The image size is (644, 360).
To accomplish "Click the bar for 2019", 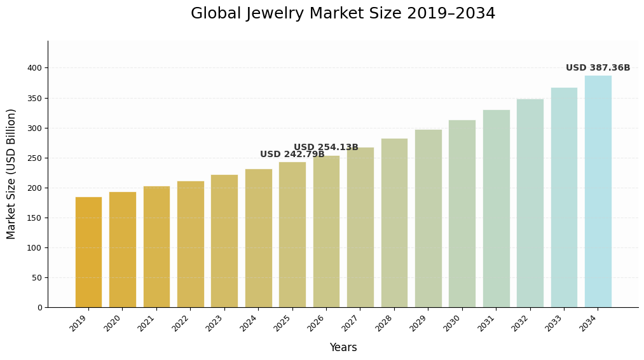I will click(88, 252).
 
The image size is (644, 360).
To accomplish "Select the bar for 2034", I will click(598, 191).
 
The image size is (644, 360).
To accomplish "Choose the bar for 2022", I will click(190, 244).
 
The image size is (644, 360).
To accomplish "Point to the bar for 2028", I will click(394, 223).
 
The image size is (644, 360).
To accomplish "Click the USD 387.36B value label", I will click(598, 68).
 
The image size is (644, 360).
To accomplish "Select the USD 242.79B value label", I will click(292, 155).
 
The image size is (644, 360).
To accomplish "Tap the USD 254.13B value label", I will click(325, 148).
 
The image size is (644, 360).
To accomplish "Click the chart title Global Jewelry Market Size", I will click(343, 14).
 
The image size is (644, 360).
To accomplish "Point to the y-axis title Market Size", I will click(11, 174).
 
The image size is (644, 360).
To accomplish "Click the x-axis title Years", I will click(343, 348).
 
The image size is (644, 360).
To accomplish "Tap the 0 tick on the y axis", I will click(39, 308).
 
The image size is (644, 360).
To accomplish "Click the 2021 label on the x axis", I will click(147, 324).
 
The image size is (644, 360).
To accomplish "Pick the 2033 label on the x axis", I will click(554, 324).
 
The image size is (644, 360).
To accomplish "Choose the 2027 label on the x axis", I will click(351, 324).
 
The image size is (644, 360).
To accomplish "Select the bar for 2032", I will click(530, 203).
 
